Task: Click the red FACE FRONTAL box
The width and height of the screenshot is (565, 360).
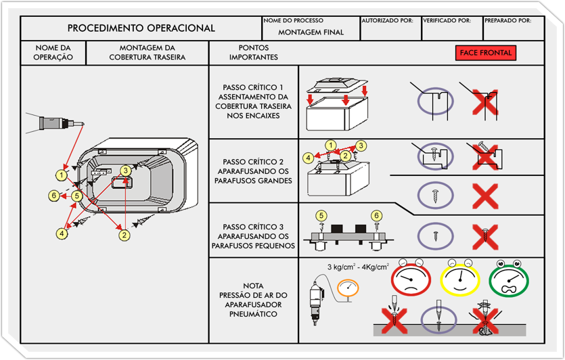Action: coord(486,53)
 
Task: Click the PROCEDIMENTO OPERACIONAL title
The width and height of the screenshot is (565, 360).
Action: coord(141,28)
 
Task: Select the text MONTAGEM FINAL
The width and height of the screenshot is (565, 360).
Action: coord(311,32)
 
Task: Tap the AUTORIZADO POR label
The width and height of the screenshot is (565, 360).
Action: coord(387,21)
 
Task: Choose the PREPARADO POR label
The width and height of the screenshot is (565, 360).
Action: coord(507,21)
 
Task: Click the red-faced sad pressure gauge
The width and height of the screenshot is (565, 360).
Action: coord(411,279)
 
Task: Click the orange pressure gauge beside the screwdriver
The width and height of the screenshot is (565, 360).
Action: coord(347,288)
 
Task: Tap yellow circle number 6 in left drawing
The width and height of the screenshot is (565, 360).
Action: coord(53,196)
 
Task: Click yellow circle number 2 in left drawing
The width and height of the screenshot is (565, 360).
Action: coord(124,235)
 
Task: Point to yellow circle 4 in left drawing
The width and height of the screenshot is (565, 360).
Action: coord(62,233)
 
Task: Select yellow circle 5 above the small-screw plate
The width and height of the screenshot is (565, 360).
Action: coord(321,215)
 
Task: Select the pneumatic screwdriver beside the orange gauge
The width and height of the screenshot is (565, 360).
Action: coord(314,298)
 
